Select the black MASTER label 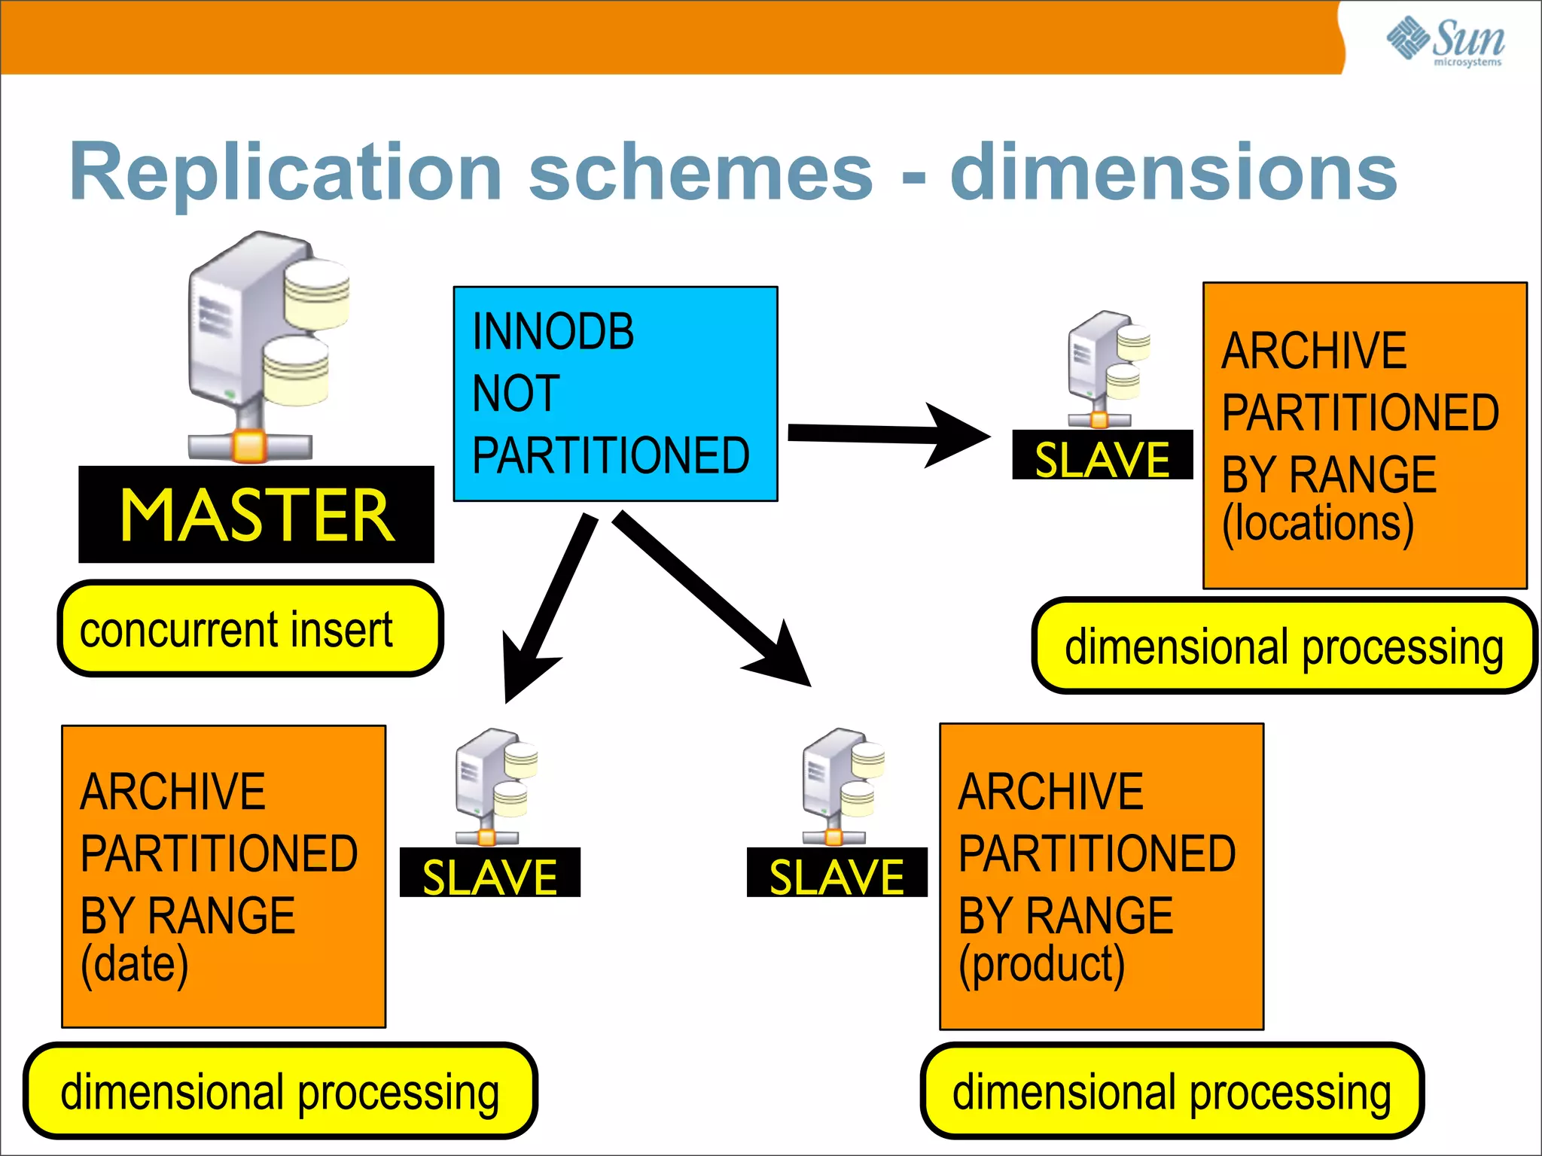pyautogui.click(x=256, y=515)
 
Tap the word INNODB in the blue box pyautogui.click(x=553, y=331)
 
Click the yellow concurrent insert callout pyautogui.click(x=250, y=629)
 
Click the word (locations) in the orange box pyautogui.click(x=1318, y=523)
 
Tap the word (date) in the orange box pyautogui.click(x=135, y=964)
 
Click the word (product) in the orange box pyautogui.click(x=1041, y=964)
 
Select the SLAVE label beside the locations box pyautogui.click(x=1102, y=456)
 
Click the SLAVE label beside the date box pyautogui.click(x=489, y=874)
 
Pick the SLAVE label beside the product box pyautogui.click(x=837, y=874)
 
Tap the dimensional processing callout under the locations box pyautogui.click(x=1284, y=646)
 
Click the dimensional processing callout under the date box pyautogui.click(x=280, y=1092)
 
